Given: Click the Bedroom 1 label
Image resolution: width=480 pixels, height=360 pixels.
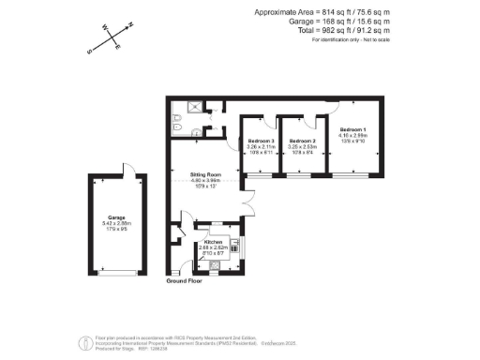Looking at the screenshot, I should pyautogui.click(x=352, y=128).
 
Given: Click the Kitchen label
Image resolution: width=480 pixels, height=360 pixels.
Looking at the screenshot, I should pyautogui.click(x=213, y=241).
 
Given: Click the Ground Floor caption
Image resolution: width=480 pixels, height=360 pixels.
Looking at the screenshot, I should pyautogui.click(x=185, y=280).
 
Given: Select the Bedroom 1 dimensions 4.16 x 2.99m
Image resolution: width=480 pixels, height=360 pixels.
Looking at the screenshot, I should pyautogui.click(x=352, y=135).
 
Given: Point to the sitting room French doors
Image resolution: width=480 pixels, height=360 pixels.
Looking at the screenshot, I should pyautogui.click(x=247, y=201).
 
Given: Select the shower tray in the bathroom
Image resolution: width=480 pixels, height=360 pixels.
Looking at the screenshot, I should pyautogui.click(x=196, y=107).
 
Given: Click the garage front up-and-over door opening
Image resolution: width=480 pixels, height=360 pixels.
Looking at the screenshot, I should pyautogui.click(x=116, y=272).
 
